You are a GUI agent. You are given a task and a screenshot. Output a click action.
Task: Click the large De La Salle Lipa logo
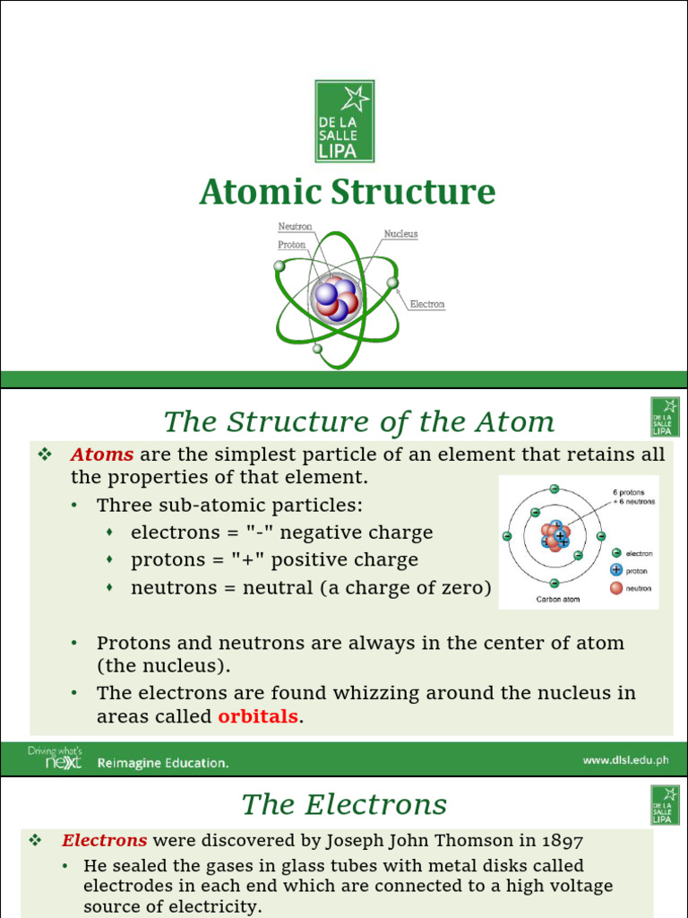(x=344, y=121)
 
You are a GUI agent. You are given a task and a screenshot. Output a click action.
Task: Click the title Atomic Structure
(x=347, y=193)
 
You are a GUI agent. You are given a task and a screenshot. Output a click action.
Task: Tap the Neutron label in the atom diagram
(x=295, y=227)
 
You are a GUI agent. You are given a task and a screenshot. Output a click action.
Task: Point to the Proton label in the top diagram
(x=291, y=244)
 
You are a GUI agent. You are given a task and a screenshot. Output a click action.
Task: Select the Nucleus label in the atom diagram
(x=400, y=234)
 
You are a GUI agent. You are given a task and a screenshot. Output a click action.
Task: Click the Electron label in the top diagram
(x=426, y=305)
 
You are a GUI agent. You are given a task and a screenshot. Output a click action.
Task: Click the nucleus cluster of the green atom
(x=336, y=298)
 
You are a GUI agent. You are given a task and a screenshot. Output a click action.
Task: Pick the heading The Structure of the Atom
(x=358, y=421)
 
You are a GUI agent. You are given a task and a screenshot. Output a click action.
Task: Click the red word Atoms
(x=101, y=455)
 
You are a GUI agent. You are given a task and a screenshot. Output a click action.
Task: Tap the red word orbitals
(x=258, y=717)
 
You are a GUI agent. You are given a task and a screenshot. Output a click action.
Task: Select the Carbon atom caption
(x=558, y=599)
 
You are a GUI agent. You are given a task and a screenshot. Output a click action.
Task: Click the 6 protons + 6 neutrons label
(x=633, y=497)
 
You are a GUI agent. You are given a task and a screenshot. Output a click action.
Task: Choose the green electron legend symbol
(x=616, y=553)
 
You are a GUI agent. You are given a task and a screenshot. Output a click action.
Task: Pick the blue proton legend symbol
(x=616, y=570)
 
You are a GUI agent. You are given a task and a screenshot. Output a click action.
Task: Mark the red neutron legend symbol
(x=616, y=588)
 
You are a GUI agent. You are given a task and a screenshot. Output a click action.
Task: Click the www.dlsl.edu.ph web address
(x=625, y=760)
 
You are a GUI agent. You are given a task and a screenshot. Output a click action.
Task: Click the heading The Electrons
(x=344, y=805)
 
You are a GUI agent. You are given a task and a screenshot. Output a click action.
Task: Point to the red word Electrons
(x=104, y=841)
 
